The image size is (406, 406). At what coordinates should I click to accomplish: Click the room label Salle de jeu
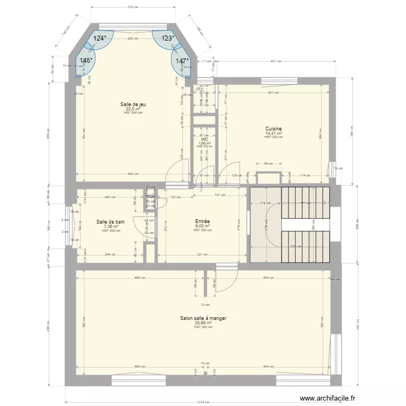point(133,104)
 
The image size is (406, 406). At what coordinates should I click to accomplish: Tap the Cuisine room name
point(273,129)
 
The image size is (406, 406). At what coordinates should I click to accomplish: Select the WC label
point(205,139)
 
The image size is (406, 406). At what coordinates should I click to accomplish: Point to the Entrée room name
point(202,221)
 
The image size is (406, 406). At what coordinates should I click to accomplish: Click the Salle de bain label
point(110,221)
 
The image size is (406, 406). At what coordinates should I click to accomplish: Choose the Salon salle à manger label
point(204,319)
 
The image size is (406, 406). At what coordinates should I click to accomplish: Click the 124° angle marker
point(100,38)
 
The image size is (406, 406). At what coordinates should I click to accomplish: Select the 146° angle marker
point(86,61)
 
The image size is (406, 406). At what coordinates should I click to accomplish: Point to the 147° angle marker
point(182,61)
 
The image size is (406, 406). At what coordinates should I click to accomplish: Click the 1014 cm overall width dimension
point(204,402)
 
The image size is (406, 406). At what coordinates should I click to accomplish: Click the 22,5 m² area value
point(133,108)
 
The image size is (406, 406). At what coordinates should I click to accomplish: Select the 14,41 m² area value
point(273,133)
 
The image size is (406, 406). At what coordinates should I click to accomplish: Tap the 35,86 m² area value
point(204,323)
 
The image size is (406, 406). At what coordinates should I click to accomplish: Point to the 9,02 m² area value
point(202,226)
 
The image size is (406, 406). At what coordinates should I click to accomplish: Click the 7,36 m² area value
point(110,226)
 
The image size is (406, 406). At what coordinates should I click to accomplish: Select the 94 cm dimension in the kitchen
point(268,163)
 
